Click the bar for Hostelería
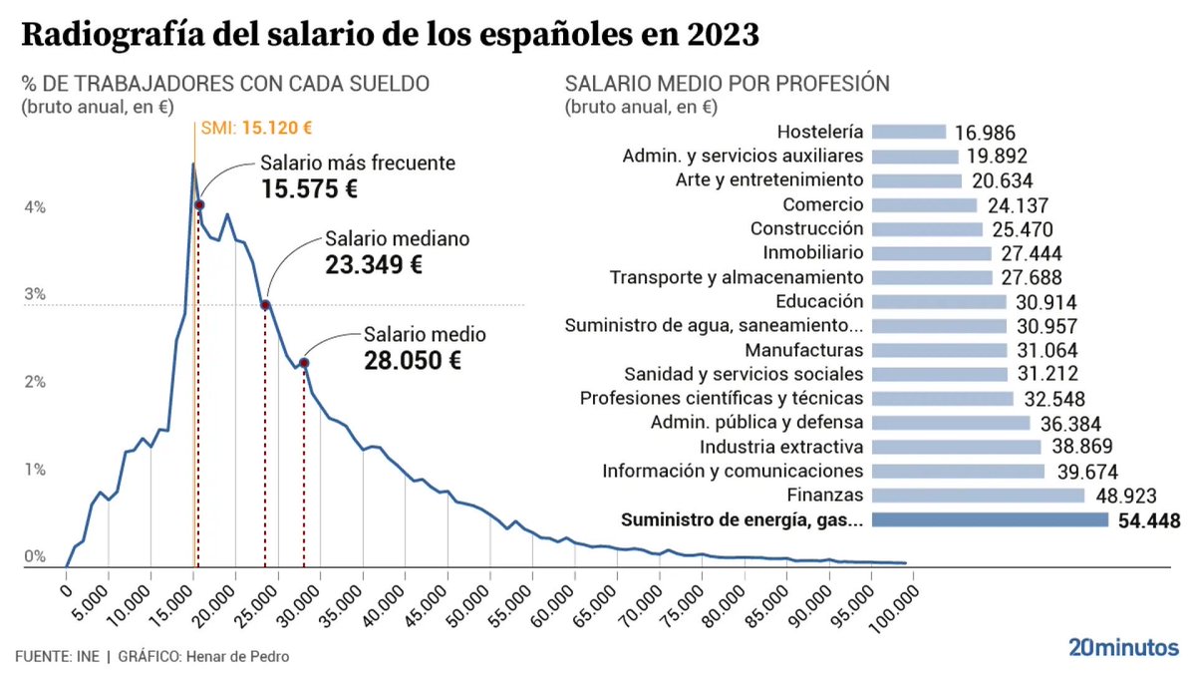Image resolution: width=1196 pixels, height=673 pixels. point(908,132)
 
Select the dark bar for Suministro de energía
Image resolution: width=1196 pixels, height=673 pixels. point(990,519)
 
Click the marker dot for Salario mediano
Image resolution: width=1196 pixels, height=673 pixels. point(265,305)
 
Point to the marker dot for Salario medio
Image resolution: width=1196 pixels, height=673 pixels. point(303,363)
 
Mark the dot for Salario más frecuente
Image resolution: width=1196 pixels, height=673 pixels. point(199,204)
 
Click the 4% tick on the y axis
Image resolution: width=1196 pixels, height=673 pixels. point(35,207)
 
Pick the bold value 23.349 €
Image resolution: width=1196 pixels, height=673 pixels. point(374,265)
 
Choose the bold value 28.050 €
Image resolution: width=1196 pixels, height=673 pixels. point(411,361)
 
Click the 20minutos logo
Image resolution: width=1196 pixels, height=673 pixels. point(1123,647)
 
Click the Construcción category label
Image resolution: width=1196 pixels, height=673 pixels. point(807,228)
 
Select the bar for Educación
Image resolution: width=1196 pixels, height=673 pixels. point(939,301)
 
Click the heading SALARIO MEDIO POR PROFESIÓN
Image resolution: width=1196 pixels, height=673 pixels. point(727,84)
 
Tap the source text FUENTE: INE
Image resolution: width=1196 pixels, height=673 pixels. point(57,657)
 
